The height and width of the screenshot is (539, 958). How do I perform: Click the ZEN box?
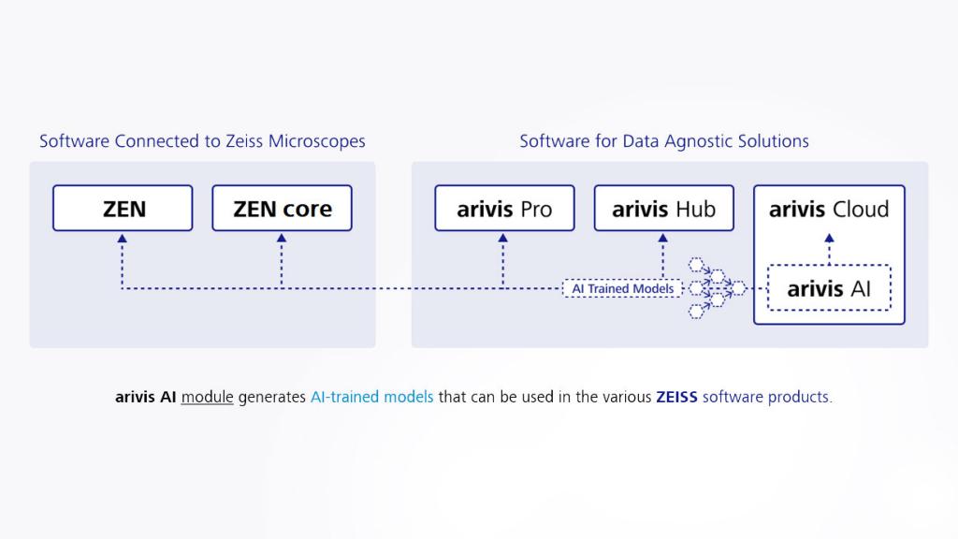tap(123, 208)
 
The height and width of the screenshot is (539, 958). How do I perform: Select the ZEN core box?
tap(282, 208)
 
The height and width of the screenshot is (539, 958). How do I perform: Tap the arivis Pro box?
tap(504, 208)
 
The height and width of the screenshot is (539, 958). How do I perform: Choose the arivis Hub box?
tap(663, 208)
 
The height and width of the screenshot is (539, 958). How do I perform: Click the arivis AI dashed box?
tap(829, 288)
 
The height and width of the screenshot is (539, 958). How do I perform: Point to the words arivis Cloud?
tap(829, 209)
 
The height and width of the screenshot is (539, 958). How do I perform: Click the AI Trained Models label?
tap(623, 288)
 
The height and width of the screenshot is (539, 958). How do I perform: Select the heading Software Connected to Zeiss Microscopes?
tap(202, 141)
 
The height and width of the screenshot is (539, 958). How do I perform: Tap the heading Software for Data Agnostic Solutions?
tap(664, 141)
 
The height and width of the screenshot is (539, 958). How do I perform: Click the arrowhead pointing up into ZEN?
tap(123, 238)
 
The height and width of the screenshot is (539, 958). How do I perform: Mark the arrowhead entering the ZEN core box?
tap(282, 238)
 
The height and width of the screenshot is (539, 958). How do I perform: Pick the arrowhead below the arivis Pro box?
tap(503, 238)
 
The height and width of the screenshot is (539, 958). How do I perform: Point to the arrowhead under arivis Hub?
tap(663, 238)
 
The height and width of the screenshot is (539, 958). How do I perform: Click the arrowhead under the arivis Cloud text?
tap(829, 238)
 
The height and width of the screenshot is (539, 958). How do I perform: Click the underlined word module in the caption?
tap(207, 397)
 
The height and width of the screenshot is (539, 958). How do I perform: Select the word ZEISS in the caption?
tap(677, 397)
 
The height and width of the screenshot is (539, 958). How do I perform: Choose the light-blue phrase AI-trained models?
tap(371, 397)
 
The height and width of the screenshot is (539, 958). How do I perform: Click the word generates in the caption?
tap(271, 397)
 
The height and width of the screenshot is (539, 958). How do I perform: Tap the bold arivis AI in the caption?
tap(145, 397)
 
